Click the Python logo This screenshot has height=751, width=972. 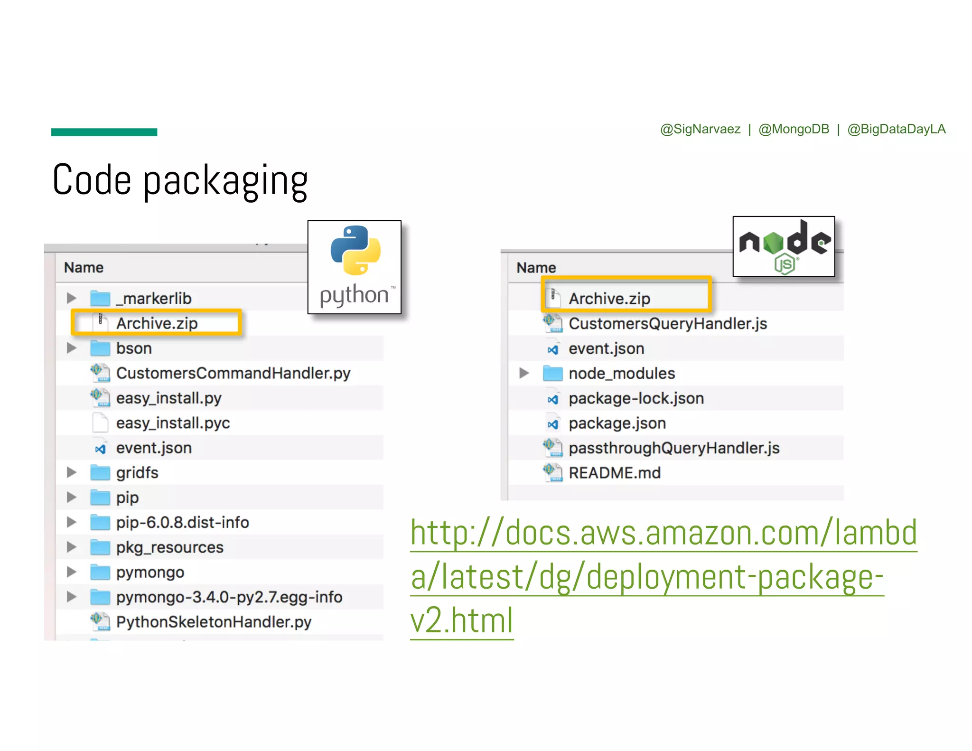coord(355,266)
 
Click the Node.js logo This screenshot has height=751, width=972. coord(784,246)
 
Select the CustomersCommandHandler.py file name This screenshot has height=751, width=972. coord(233,373)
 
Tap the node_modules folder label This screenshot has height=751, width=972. coord(621,374)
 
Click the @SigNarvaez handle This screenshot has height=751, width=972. coord(700,129)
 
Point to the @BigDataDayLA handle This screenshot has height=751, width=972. coord(896,129)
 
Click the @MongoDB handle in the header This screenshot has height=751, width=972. coord(794,129)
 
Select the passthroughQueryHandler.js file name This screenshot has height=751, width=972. coord(674,448)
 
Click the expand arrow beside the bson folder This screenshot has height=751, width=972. coord(72,348)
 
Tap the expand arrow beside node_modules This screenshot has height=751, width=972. coord(524,373)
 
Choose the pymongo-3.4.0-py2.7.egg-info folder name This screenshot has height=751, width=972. coord(229,597)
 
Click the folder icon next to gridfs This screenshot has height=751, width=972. coord(100,473)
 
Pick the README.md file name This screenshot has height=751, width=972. coord(615,473)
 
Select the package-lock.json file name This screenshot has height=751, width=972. coord(636,398)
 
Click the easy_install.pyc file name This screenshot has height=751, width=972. coord(173,423)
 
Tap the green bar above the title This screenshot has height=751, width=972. coord(104,132)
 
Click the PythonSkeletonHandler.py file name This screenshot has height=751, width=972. coord(214,622)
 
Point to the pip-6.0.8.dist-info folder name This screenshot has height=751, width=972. coord(182,523)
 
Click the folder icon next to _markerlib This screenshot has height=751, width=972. coord(100,299)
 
